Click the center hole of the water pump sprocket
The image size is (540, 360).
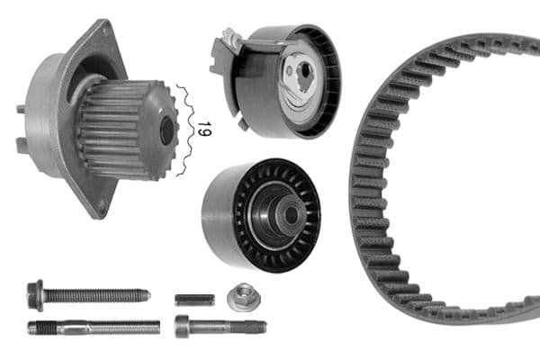[x=166, y=130]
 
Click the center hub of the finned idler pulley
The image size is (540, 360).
[x=288, y=213]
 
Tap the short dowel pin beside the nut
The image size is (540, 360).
[x=193, y=299]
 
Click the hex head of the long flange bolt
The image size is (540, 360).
[x=37, y=293]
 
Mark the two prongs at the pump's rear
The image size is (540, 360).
[x=20, y=126]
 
